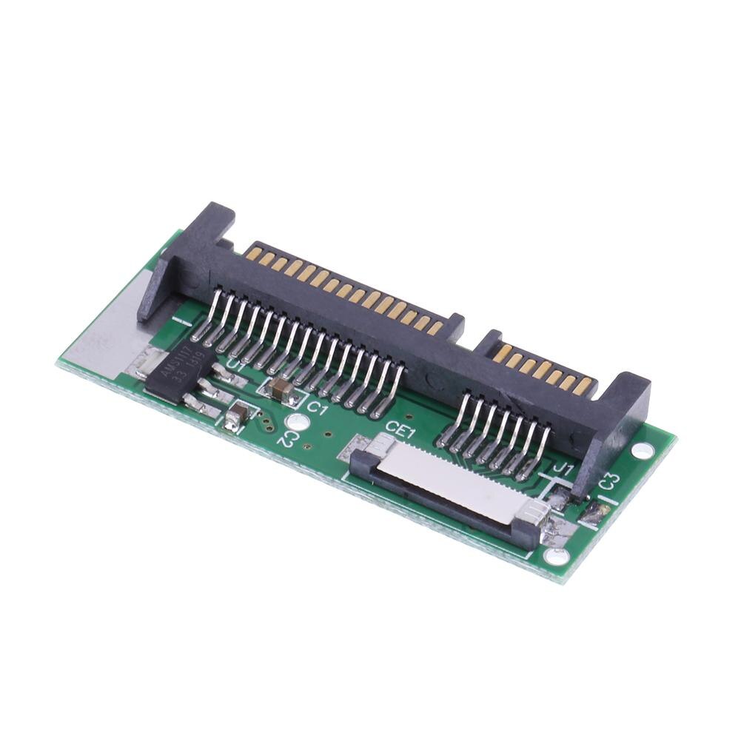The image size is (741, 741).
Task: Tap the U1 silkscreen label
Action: (x=236, y=364)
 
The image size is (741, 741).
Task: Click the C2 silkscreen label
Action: (x=286, y=437)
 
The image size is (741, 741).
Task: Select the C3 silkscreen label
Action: (x=609, y=481)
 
